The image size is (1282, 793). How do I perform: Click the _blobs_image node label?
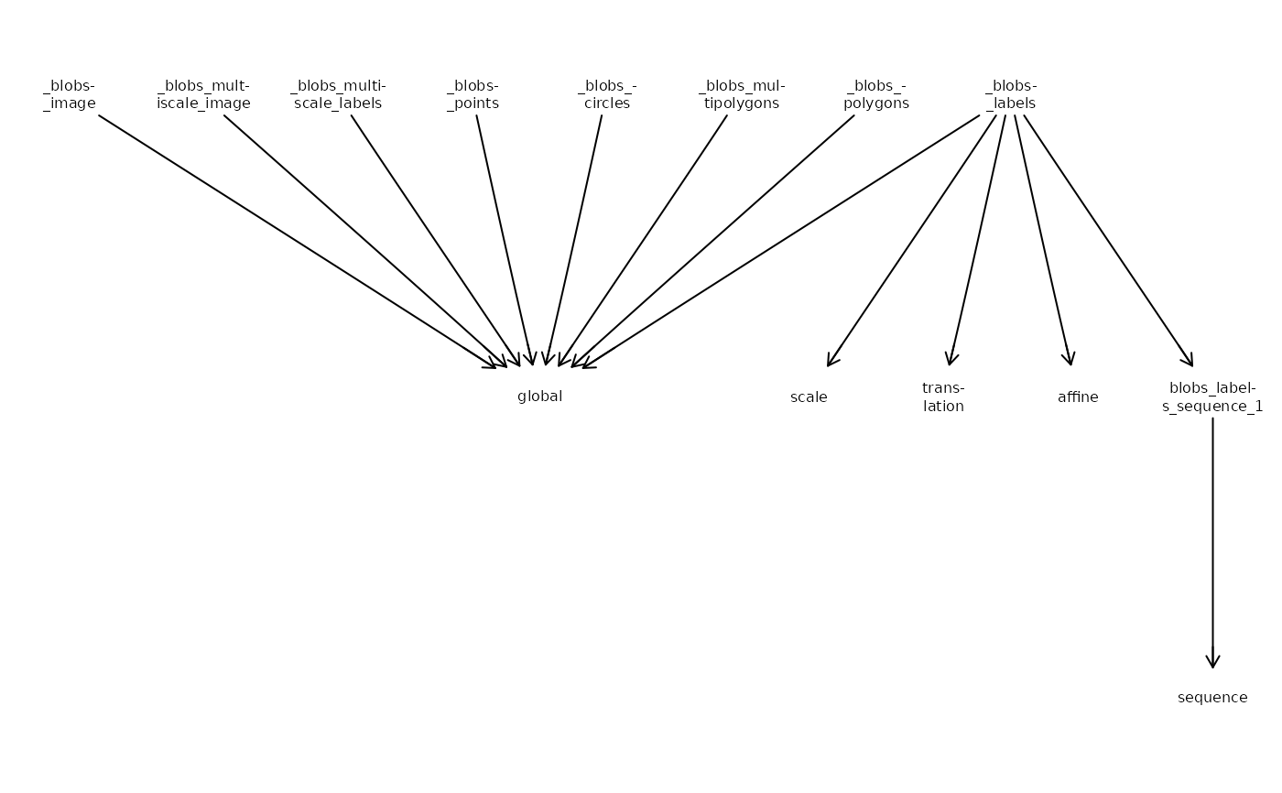pyautogui.click(x=70, y=94)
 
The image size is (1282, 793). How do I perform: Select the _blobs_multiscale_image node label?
pyautogui.click(x=203, y=94)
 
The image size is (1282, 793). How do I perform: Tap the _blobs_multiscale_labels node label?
pyautogui.click(x=338, y=94)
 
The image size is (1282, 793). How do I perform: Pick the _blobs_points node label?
pyautogui.click(x=473, y=94)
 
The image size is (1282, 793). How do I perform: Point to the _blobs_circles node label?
pyautogui.click(x=607, y=94)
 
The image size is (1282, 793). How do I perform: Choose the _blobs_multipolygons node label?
pyautogui.click(x=742, y=94)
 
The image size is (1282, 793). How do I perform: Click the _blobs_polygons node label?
pyautogui.click(x=876, y=94)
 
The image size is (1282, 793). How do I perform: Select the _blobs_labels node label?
pyautogui.click(x=1011, y=94)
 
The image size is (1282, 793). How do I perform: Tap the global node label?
pyautogui.click(x=539, y=396)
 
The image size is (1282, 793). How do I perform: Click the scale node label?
pyautogui.click(x=809, y=397)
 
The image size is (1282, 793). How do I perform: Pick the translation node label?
pyautogui.click(x=943, y=397)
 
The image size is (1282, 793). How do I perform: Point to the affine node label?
pyautogui.click(x=1078, y=397)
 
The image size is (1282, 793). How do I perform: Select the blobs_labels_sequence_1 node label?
pyautogui.click(x=1212, y=397)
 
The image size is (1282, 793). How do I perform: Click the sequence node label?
pyautogui.click(x=1212, y=698)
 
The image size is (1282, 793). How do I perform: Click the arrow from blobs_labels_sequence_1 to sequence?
pyautogui.click(x=1212, y=543)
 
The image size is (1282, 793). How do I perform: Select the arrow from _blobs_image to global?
pyautogui.click(x=297, y=242)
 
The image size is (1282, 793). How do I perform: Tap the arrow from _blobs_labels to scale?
pyautogui.click(x=912, y=241)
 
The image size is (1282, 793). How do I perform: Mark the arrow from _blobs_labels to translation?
pyautogui.click(x=977, y=240)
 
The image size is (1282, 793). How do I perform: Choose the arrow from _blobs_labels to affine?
pyautogui.click(x=1043, y=240)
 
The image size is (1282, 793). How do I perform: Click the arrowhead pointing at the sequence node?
pyautogui.click(x=1212, y=659)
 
